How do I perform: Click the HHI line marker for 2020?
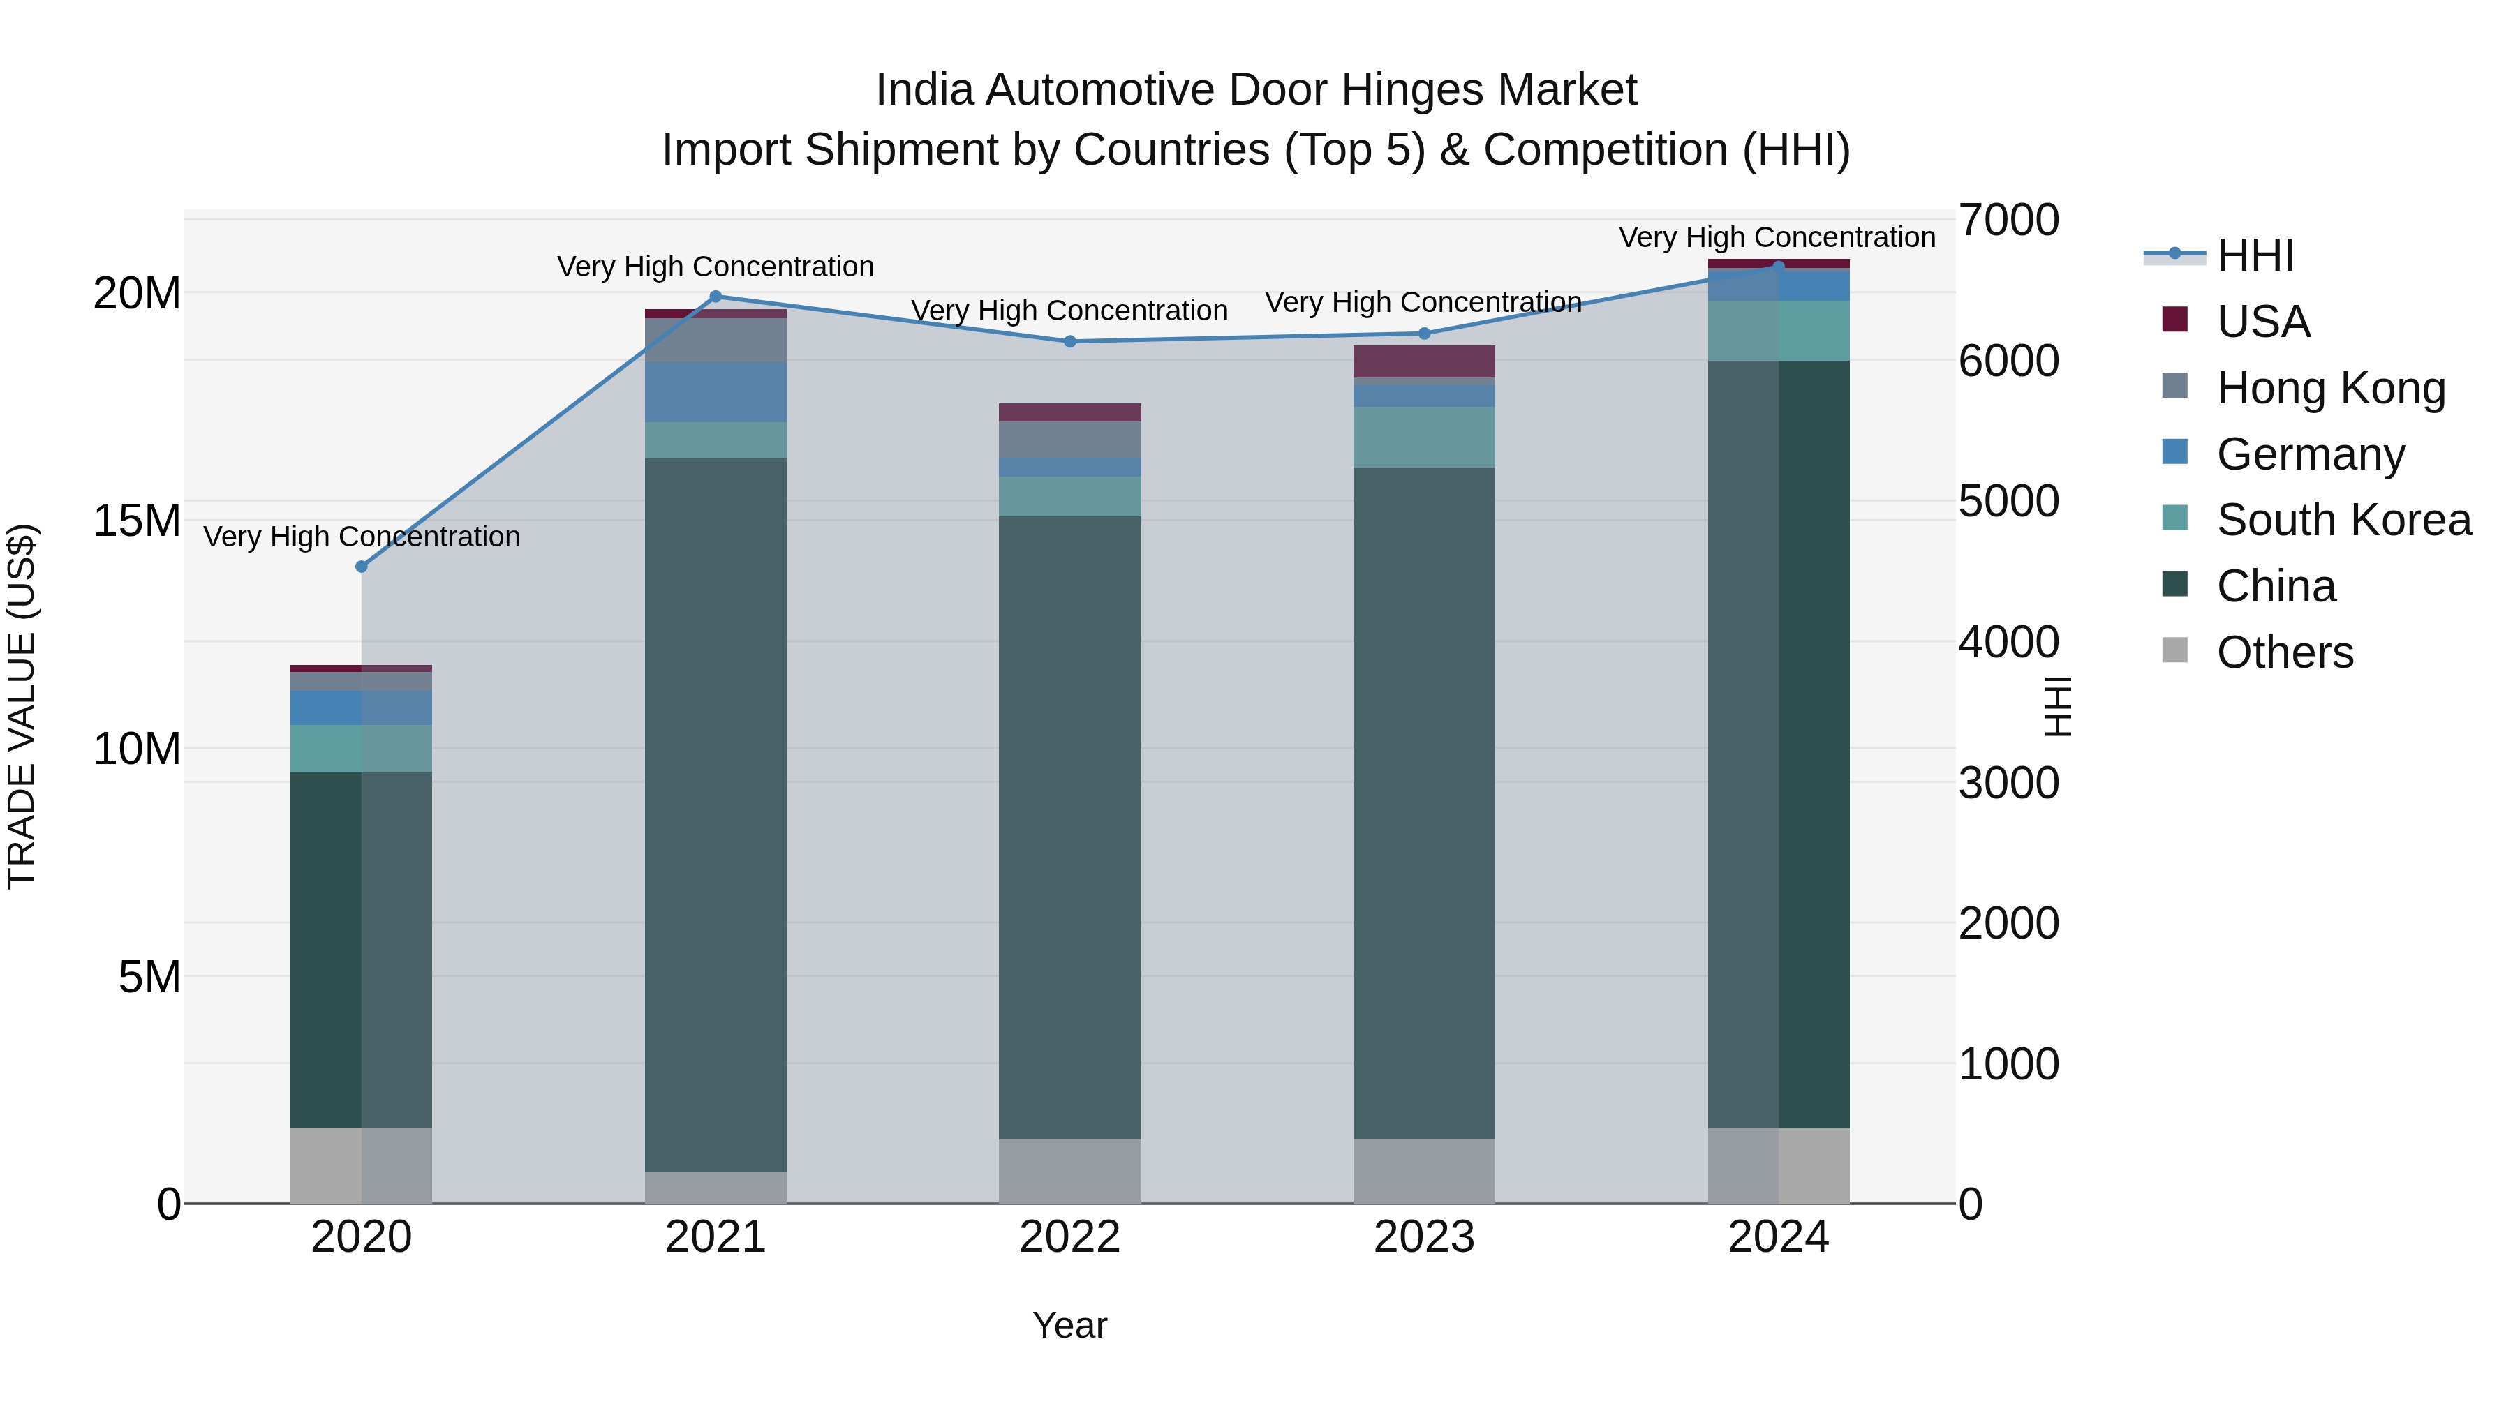click(361, 567)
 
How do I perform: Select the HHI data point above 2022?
click(1069, 341)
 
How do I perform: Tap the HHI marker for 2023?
click(1423, 334)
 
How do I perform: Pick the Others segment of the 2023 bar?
click(1423, 1170)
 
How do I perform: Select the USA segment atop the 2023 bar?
click(1423, 361)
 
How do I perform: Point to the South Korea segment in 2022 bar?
click(1069, 496)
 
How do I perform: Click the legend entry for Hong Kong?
click(2331, 387)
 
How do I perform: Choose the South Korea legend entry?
click(2343, 520)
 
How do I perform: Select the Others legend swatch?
click(2174, 650)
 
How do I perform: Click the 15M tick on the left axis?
click(137, 521)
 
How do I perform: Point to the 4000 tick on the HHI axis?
click(2008, 642)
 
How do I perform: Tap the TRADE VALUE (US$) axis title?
click(22, 706)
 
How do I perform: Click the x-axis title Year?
click(1069, 1325)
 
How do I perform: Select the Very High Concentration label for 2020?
click(361, 537)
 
